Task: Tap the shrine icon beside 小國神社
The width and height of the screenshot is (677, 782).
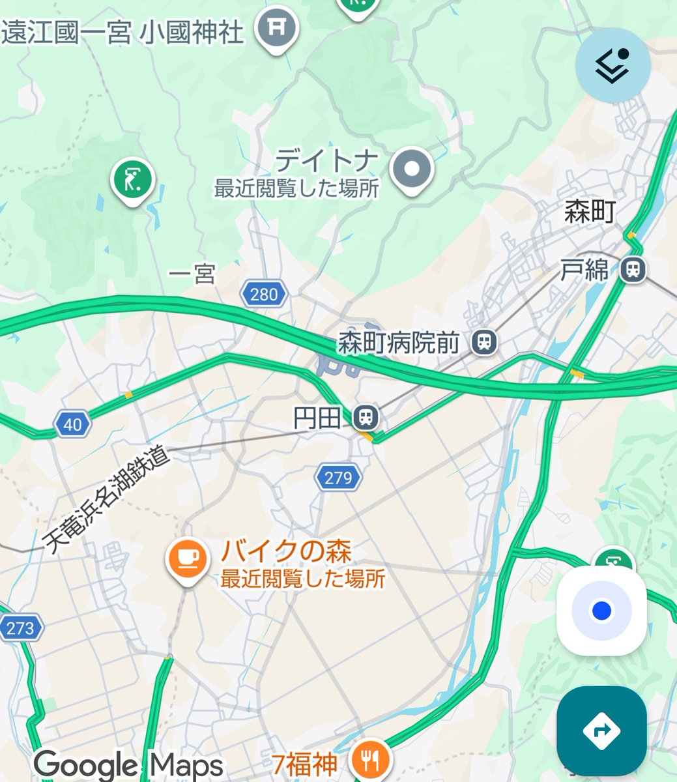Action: pyautogui.click(x=276, y=28)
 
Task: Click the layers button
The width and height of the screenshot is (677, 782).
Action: pyautogui.click(x=612, y=65)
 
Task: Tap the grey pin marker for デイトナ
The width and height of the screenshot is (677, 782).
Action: pyautogui.click(x=411, y=169)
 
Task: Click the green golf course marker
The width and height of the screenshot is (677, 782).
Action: pyautogui.click(x=132, y=179)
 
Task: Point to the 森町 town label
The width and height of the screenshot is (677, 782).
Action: pyautogui.click(x=590, y=212)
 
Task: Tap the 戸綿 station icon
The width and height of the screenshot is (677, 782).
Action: pyautogui.click(x=632, y=268)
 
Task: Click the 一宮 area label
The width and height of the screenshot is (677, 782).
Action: pyautogui.click(x=192, y=274)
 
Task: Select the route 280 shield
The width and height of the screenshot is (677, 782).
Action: pyautogui.click(x=263, y=295)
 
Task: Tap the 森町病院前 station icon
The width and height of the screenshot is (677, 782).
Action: pyautogui.click(x=483, y=342)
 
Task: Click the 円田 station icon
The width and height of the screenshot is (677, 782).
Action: pyautogui.click(x=366, y=416)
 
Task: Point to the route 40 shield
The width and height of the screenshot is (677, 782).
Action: pyautogui.click(x=72, y=425)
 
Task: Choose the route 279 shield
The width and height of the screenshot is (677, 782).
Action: pyautogui.click(x=338, y=478)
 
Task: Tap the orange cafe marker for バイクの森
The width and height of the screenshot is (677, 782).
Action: pyautogui.click(x=187, y=559)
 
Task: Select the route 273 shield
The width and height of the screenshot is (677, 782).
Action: pyautogui.click(x=20, y=628)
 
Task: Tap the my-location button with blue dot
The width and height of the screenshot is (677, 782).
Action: pyautogui.click(x=601, y=611)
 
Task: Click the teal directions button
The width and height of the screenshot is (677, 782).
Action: pyautogui.click(x=601, y=731)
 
